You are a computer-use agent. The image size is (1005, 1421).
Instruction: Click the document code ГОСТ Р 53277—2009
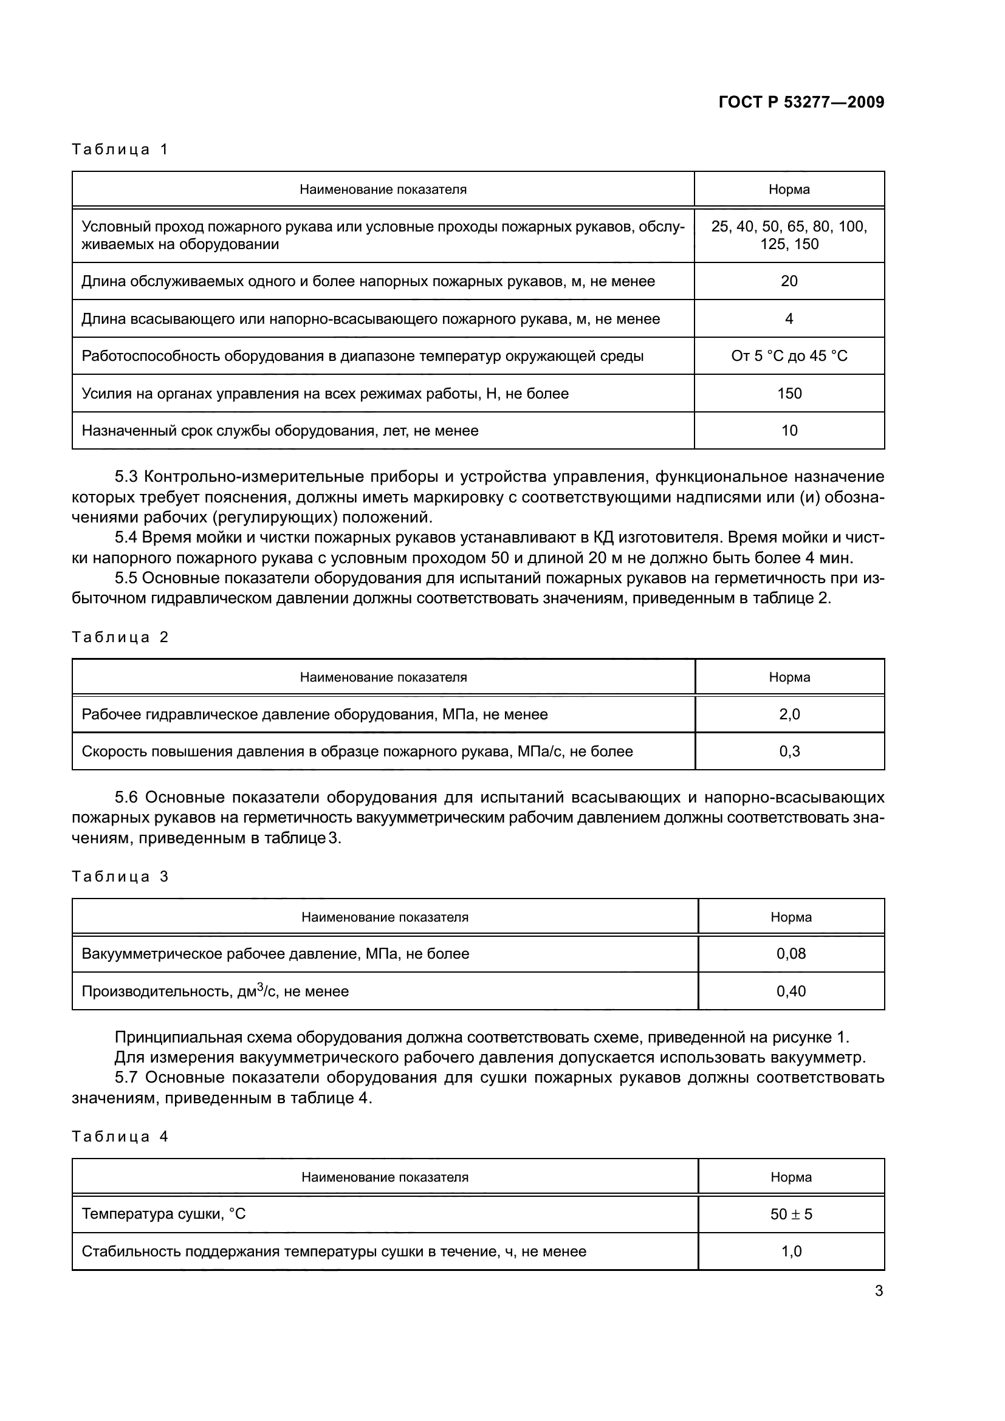(801, 102)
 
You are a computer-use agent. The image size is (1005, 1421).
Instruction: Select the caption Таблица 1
(120, 149)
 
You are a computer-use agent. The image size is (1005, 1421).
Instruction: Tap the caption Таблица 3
(120, 877)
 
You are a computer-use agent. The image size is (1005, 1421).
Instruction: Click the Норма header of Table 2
(789, 677)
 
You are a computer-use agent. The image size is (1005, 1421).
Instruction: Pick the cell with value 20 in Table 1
(789, 282)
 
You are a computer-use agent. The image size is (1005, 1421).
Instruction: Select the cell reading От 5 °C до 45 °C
(789, 356)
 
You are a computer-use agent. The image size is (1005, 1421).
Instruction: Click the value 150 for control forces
(789, 394)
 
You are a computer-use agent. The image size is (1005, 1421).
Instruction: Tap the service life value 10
(789, 431)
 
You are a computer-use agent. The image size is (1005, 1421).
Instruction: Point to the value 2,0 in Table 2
(789, 714)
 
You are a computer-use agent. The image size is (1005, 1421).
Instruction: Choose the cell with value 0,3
(789, 752)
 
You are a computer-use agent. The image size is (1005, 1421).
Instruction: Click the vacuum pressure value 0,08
(791, 954)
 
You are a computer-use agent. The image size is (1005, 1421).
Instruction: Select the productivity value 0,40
(791, 991)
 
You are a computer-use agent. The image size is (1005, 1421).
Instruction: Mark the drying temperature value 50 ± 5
(791, 1214)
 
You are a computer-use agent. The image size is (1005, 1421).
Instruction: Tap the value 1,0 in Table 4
(791, 1252)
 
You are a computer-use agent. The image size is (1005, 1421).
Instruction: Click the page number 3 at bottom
(879, 1291)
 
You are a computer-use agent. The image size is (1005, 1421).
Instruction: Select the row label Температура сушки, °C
(163, 1214)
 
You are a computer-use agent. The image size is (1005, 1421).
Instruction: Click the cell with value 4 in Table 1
(789, 319)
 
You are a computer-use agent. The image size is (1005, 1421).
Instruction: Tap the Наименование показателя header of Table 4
(384, 1177)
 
